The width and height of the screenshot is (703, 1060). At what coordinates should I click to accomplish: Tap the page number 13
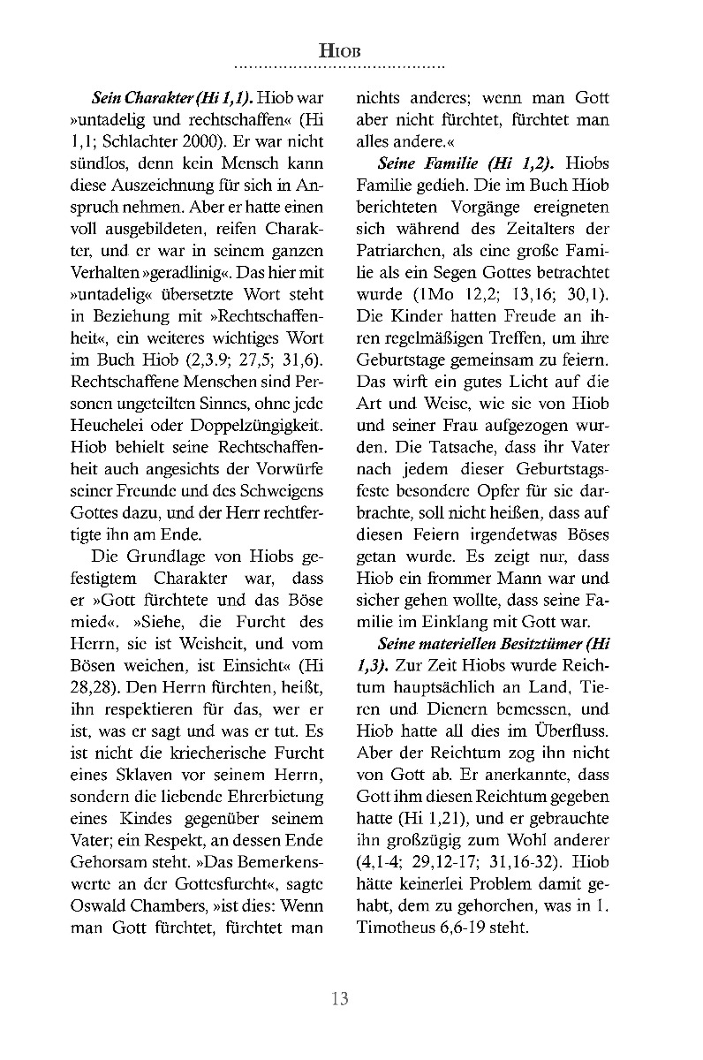tap(340, 999)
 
